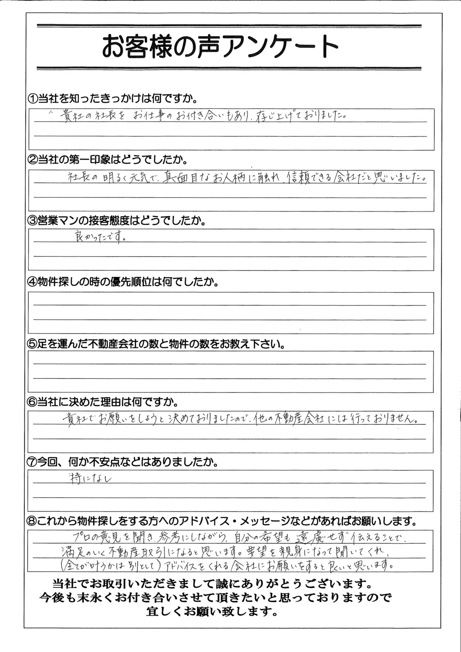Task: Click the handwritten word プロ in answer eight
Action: click(82, 536)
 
